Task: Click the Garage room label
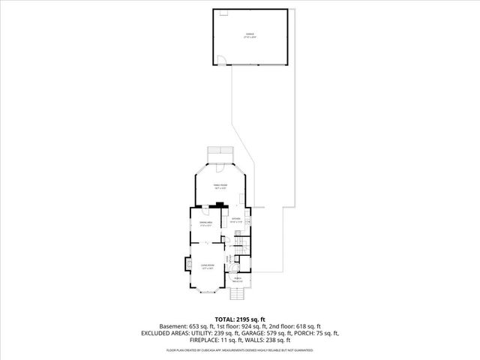click(x=250, y=34)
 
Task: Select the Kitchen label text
click(x=236, y=220)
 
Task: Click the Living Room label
click(x=208, y=265)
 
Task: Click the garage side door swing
click(x=221, y=61)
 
